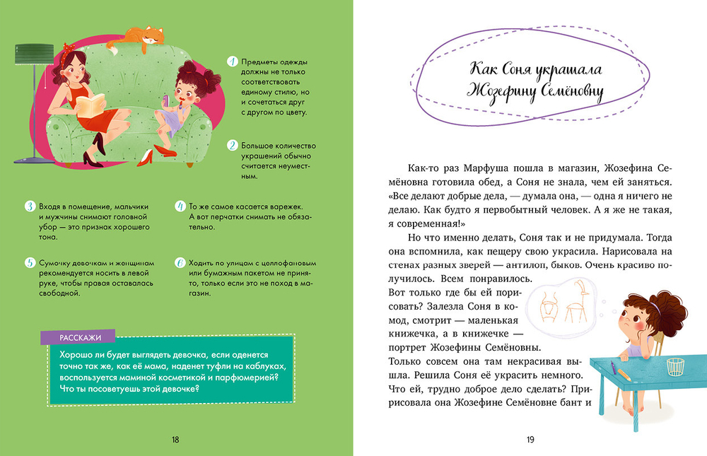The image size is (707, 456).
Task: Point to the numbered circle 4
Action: [x=180, y=206]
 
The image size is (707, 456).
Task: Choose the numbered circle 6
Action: [x=180, y=263]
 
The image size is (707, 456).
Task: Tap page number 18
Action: [x=175, y=440]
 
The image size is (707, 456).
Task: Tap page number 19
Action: [x=530, y=440]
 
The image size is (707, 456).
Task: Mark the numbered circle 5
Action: [x=30, y=263]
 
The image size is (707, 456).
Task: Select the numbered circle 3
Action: [x=30, y=206]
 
